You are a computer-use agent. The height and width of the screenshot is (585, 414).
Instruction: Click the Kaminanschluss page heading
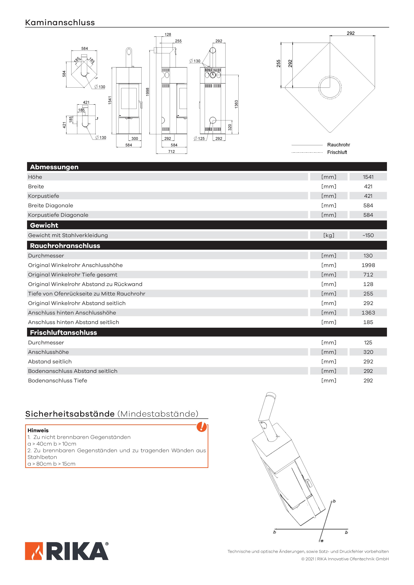(60, 22)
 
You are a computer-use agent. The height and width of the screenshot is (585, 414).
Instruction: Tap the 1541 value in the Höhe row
(368, 177)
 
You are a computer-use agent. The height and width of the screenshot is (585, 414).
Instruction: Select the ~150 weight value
(368, 235)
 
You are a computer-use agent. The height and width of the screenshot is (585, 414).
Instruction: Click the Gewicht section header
(44, 225)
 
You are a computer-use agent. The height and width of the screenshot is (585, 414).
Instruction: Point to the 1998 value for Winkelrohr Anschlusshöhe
(368, 265)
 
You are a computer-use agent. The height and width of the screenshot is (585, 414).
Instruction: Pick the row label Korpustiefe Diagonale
(58, 215)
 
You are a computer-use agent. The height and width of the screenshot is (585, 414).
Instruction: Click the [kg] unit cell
(329, 235)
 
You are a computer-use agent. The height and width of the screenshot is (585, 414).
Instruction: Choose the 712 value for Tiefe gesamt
(368, 275)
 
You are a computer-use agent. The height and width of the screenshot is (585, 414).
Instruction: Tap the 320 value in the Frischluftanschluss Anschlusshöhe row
(368, 352)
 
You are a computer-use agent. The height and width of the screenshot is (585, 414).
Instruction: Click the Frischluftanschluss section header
(63, 333)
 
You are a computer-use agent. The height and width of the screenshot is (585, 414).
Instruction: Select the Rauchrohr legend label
(339, 145)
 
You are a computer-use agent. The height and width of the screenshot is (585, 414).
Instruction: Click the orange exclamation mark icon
(201, 427)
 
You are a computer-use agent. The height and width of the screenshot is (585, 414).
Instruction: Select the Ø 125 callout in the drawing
(199, 138)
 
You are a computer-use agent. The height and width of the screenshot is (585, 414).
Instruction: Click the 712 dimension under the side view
(171, 152)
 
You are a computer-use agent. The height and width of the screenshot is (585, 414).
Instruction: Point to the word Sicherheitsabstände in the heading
(70, 414)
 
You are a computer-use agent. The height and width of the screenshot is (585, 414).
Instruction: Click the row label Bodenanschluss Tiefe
(58, 380)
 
